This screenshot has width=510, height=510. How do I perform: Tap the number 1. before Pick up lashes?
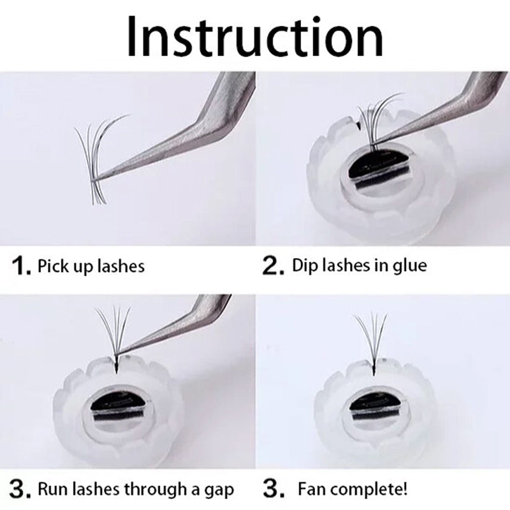22,266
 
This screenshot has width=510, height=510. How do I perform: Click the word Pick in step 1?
52,265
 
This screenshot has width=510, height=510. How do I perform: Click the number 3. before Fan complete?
275,490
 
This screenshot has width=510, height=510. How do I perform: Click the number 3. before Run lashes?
22,490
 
